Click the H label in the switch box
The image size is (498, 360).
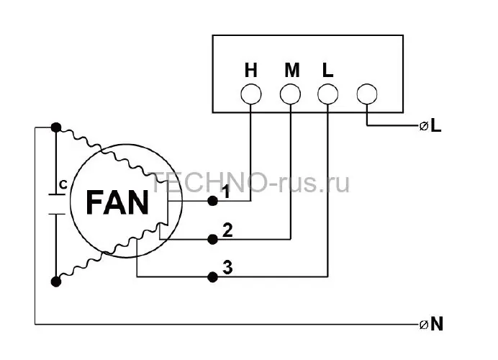[250, 71]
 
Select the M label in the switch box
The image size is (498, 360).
[292, 71]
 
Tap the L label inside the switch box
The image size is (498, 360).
[327, 71]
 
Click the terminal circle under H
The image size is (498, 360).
[251, 94]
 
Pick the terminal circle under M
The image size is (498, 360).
[290, 94]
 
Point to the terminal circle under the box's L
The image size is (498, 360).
[327, 94]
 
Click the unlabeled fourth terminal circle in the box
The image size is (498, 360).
[367, 94]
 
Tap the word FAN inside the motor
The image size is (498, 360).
[117, 203]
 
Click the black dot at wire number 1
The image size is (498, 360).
[212, 201]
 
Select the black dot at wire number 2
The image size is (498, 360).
[212, 239]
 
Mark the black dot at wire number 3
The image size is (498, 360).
[212, 277]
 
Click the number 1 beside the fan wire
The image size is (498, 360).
[226, 192]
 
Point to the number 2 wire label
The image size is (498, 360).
[227, 230]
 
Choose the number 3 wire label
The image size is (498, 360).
[227, 267]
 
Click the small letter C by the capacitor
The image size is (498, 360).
[63, 184]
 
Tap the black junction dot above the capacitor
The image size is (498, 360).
[56, 127]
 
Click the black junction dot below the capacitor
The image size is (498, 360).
[56, 282]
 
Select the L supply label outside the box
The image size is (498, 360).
[436, 126]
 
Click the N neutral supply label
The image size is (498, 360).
[437, 325]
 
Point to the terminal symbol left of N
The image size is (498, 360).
[424, 325]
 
